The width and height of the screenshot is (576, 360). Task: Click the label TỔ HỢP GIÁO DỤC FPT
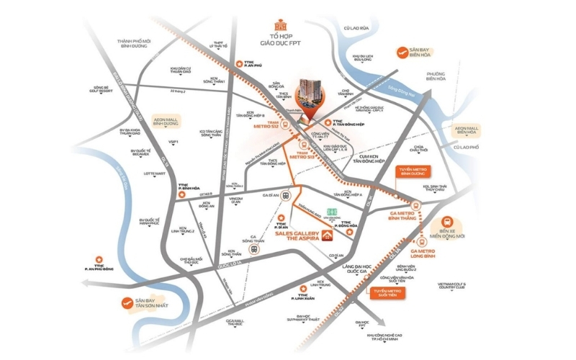click(282, 47)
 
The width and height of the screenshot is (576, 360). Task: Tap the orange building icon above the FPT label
click(282, 27)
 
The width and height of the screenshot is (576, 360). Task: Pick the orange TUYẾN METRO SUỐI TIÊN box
click(385, 292)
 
